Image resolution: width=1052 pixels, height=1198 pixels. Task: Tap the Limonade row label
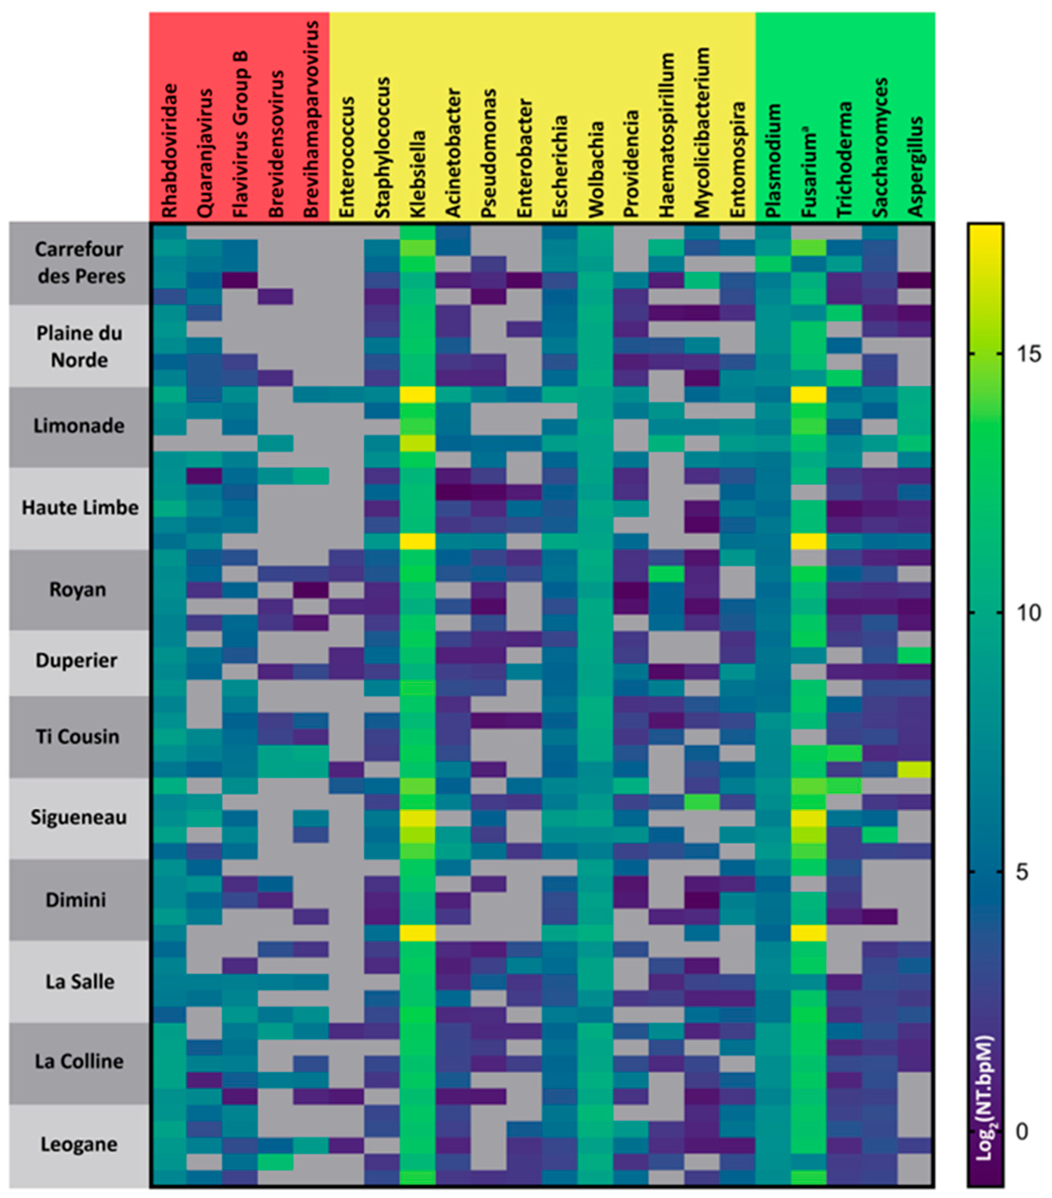click(79, 426)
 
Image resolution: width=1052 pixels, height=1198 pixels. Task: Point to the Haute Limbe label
click(80, 508)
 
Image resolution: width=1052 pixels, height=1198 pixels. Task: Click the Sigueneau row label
click(79, 817)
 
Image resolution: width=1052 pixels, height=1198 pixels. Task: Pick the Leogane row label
click(79, 1144)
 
